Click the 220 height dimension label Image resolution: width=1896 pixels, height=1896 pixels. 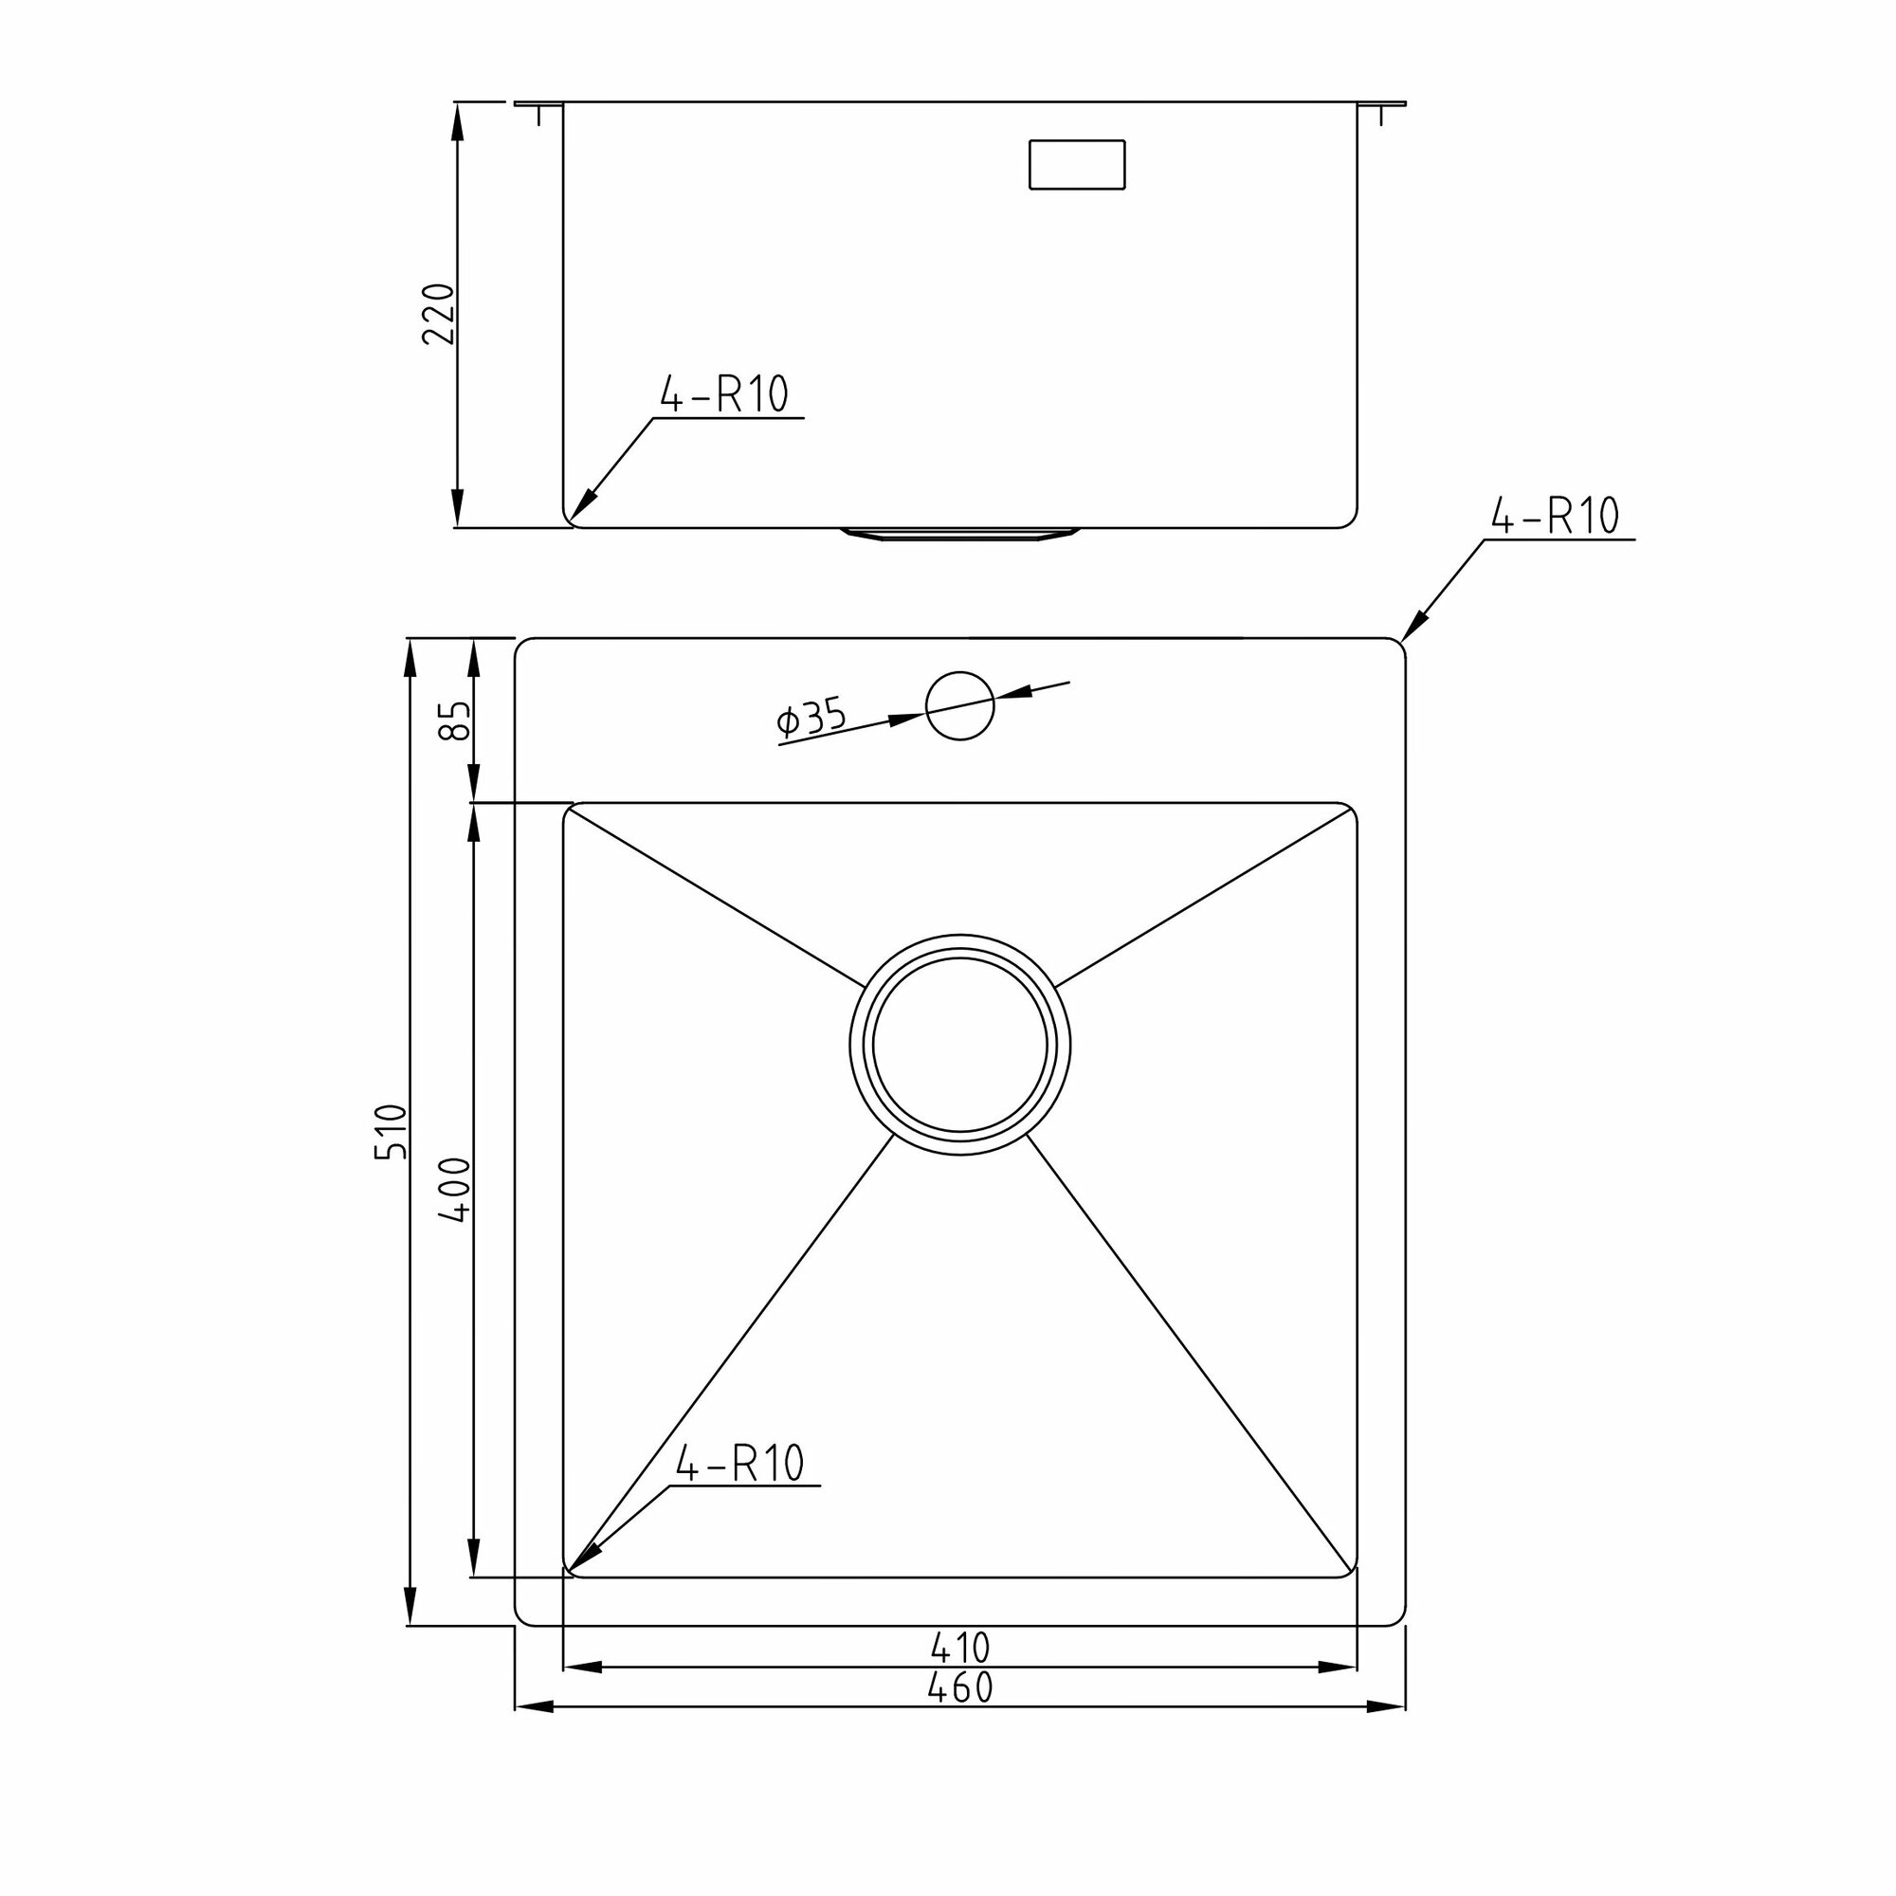(439, 313)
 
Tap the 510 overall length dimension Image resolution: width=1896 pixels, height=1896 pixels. (391, 1132)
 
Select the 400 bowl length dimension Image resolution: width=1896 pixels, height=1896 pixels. (455, 1190)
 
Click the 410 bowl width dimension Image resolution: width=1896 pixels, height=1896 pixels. (959, 1647)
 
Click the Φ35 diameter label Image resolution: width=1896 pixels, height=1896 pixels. (811, 719)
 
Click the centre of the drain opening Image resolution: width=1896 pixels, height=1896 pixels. (959, 1044)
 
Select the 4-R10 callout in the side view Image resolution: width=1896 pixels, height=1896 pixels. (724, 394)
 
